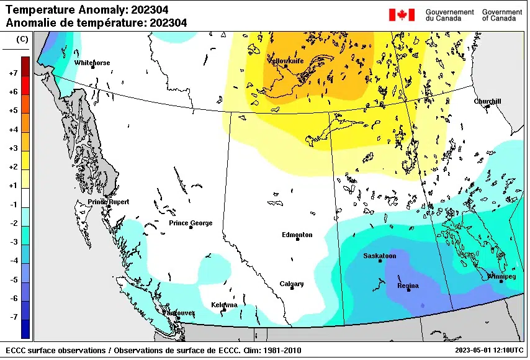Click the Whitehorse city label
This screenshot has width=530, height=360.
[92, 63]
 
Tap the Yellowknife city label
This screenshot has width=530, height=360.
[285, 61]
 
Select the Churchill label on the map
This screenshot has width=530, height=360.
[487, 101]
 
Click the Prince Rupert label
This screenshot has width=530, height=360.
[109, 202]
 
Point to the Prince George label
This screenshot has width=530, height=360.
[191, 223]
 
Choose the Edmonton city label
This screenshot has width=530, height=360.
[297, 235]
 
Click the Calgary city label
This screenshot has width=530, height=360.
[292, 284]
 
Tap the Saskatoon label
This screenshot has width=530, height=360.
[379, 256]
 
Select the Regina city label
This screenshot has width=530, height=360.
[408, 286]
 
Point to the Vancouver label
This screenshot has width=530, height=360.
[179, 312]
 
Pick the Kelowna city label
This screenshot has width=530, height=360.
[223, 305]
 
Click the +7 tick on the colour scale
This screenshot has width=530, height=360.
[12, 73]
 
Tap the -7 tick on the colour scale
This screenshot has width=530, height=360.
[12, 317]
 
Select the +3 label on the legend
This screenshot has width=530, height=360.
[12, 148]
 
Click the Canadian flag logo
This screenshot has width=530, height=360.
[402, 15]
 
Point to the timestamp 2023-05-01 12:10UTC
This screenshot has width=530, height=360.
[488, 351]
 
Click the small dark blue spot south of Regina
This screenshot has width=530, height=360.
[422, 305]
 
